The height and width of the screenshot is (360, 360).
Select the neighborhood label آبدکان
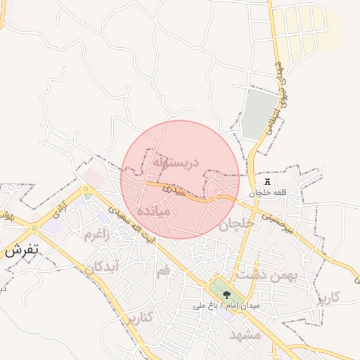[103, 267]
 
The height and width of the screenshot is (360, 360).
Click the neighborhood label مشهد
[245, 335]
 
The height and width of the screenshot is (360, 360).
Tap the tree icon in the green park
[225, 295]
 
